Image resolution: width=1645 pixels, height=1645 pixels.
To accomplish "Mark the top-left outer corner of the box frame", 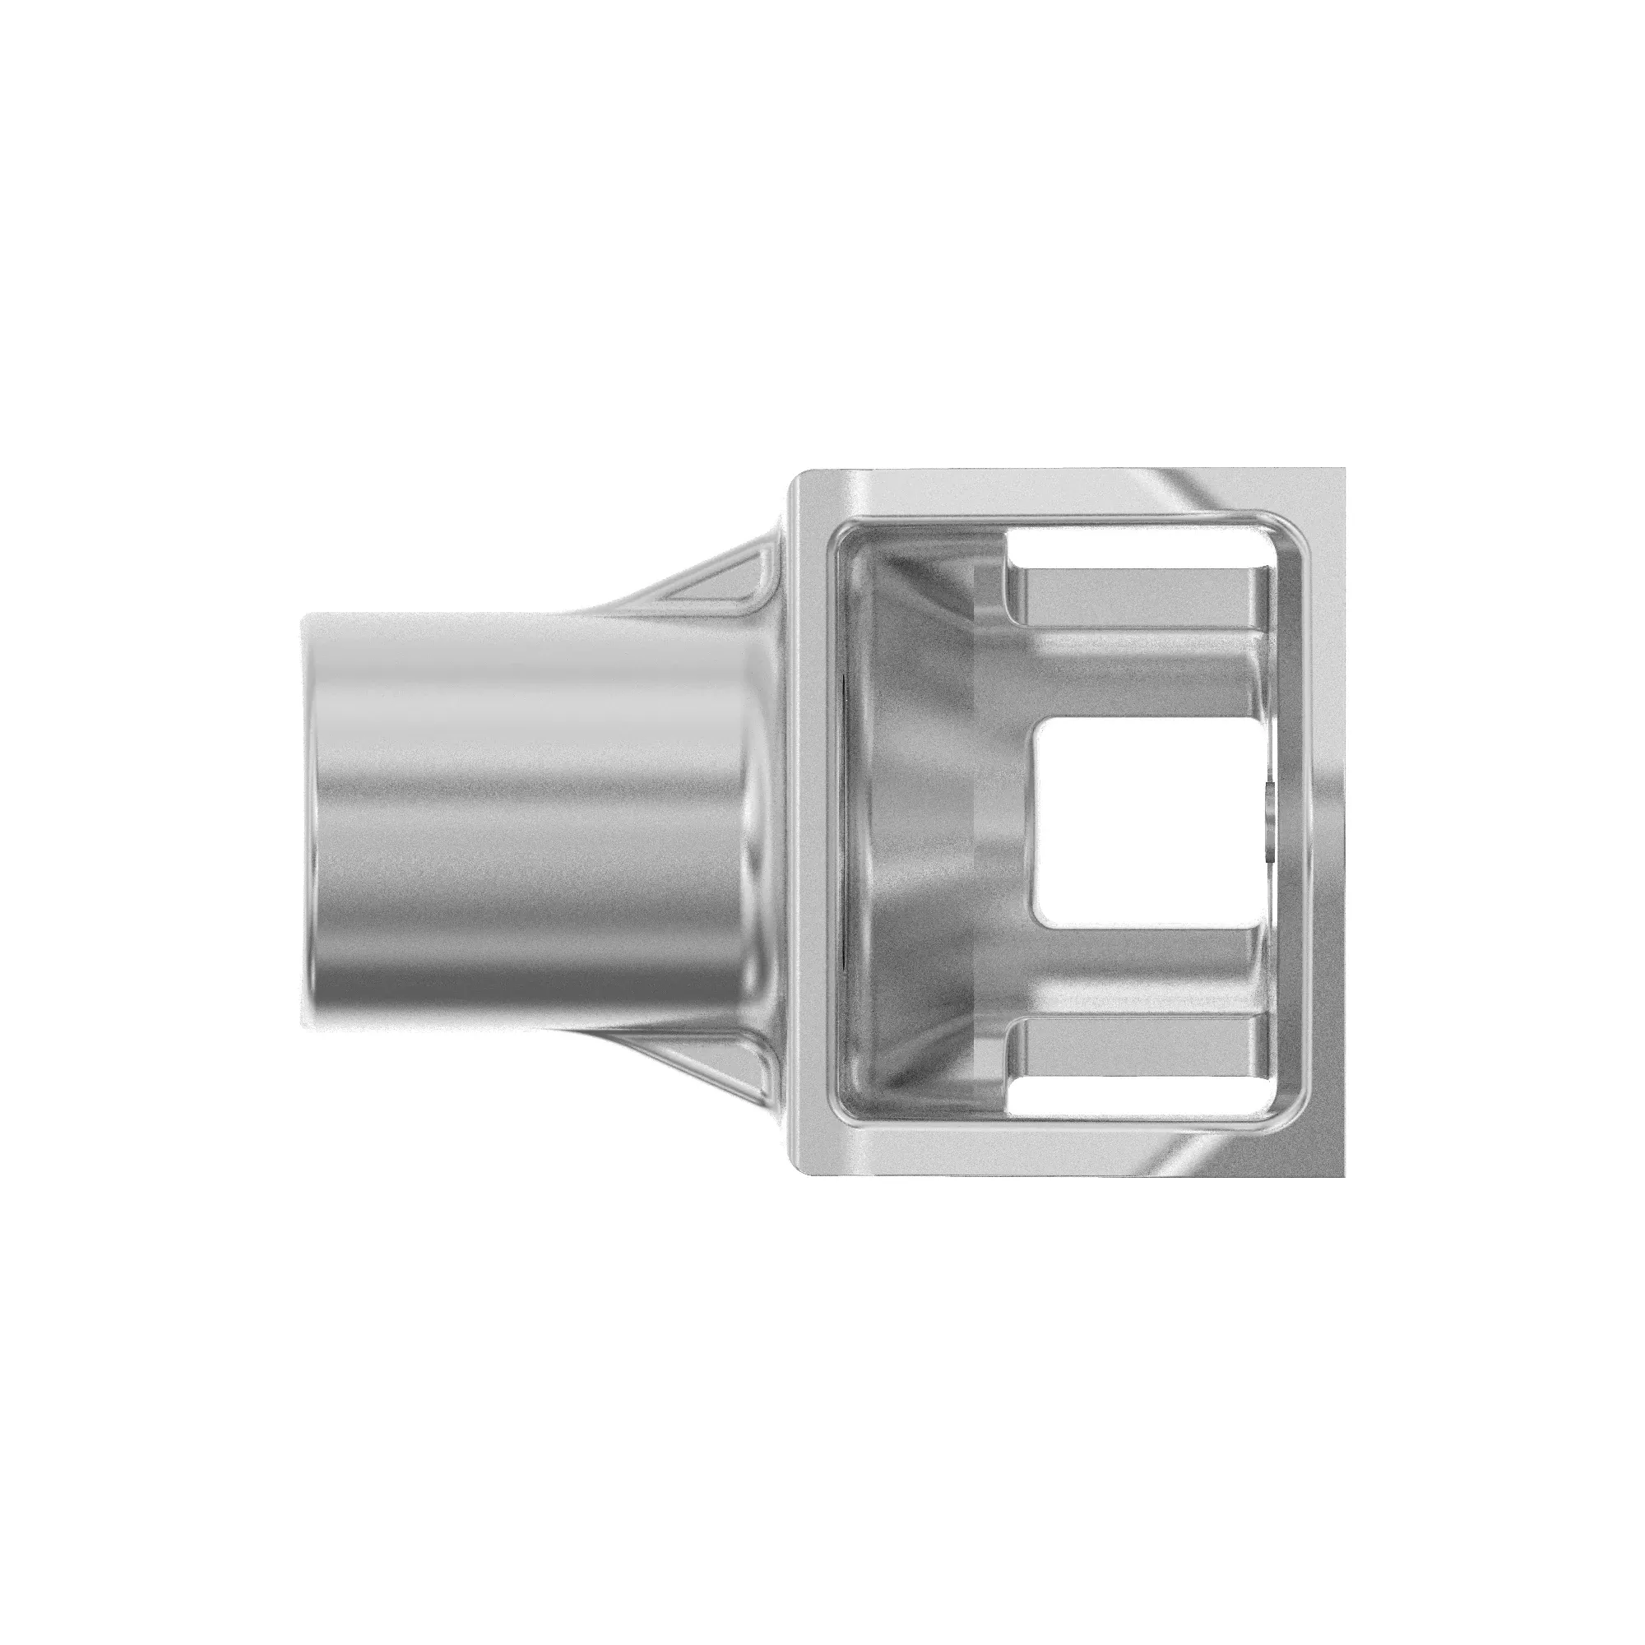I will click(796, 474).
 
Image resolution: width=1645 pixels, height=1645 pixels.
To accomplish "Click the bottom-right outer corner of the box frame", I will click(1343, 1175).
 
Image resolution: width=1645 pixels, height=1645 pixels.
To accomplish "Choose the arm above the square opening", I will click(1141, 673).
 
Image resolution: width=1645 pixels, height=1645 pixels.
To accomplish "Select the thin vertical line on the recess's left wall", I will click(841, 822).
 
